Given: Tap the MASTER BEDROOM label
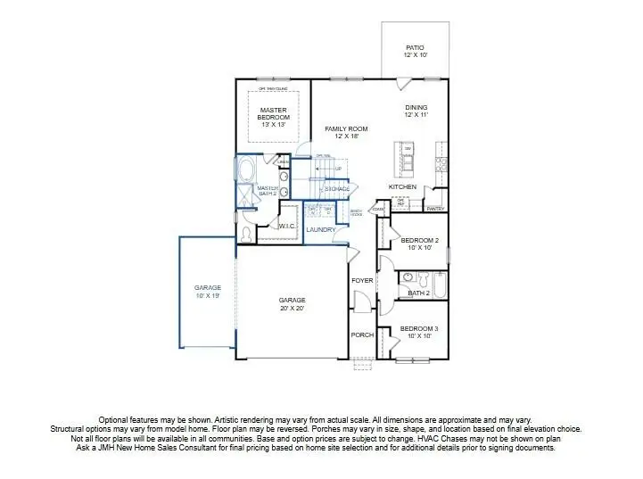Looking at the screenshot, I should coord(274,117).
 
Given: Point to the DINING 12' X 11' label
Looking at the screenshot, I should coord(416,111).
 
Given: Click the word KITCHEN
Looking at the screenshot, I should coord(402,186).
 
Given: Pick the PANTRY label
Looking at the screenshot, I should coord(435,208).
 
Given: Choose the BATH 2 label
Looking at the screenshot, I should coord(418,293).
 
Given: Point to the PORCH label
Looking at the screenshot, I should coord(361,335).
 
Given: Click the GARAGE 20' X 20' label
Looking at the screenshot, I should coord(292,304).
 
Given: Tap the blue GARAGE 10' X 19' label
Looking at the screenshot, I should coord(208,292).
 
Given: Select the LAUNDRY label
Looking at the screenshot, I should coord(320,229).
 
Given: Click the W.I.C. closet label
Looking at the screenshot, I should coord(286,227).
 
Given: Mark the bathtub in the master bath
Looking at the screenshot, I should coord(245,170).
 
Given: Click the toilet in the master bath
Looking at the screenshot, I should coord(247,235).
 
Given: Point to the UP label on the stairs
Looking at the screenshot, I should coord(338,168).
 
